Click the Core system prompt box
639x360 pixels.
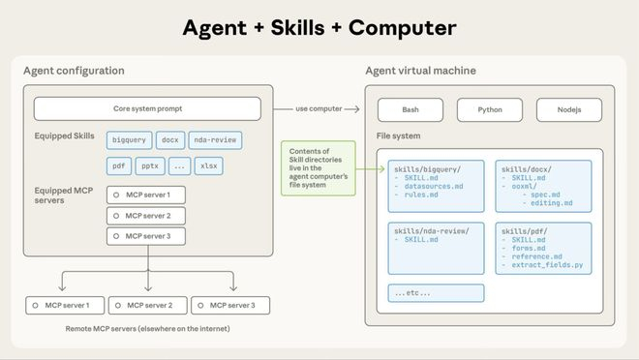(x=147, y=108)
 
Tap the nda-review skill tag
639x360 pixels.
(x=215, y=140)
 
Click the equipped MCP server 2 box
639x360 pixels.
(x=146, y=215)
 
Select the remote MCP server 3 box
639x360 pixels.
(x=229, y=306)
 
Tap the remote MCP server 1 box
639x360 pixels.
(x=65, y=306)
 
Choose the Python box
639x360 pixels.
(x=489, y=110)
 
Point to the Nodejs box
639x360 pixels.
(x=567, y=110)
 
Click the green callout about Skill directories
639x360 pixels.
(x=317, y=167)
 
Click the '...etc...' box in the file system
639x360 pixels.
(x=412, y=291)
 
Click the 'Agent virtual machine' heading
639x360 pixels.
(x=419, y=71)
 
